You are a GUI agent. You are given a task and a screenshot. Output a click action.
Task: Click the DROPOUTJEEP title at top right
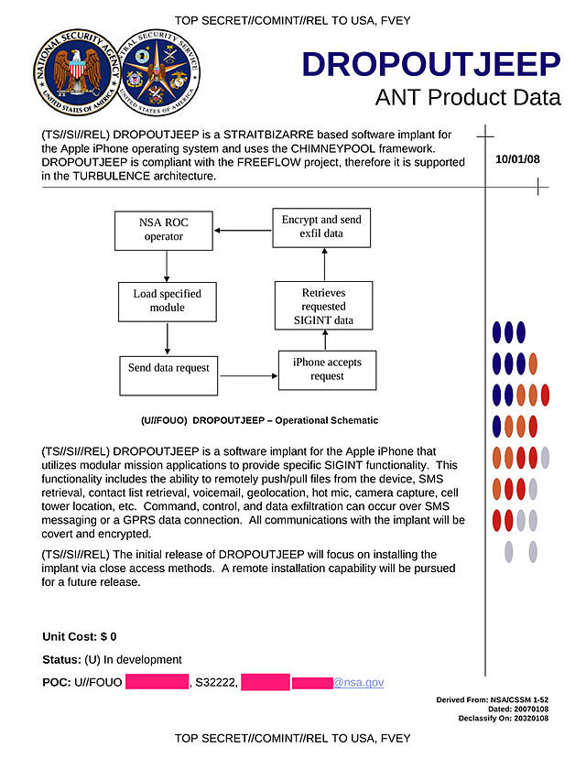click(x=430, y=65)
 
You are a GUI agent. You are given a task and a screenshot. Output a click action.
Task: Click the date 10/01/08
click(x=517, y=158)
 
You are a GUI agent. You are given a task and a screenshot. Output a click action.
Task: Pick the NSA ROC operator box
click(x=162, y=229)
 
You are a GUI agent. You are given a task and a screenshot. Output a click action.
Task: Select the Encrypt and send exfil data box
click(x=321, y=227)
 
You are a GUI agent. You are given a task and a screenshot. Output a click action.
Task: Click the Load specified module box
click(x=167, y=300)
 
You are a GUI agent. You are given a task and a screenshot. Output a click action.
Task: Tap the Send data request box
click(x=168, y=368)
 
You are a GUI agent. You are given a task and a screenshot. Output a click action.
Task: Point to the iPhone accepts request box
click(x=327, y=369)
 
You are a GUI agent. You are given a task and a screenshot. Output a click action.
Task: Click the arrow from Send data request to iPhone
click(x=248, y=375)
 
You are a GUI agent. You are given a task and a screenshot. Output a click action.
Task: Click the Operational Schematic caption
click(x=259, y=420)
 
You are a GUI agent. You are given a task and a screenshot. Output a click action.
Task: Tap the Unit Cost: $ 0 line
click(x=80, y=636)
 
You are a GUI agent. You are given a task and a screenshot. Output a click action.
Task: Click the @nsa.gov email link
click(x=358, y=682)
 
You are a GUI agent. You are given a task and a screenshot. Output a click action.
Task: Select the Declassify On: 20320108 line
click(x=503, y=719)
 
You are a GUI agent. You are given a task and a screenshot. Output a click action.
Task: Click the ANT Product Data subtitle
click(x=467, y=98)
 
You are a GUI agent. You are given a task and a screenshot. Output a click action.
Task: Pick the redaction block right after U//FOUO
click(x=157, y=682)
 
